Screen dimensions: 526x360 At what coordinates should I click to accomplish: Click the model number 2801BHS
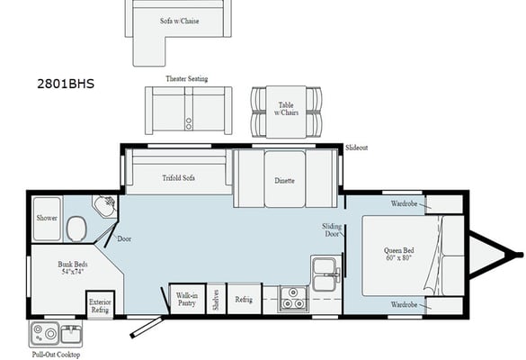66,84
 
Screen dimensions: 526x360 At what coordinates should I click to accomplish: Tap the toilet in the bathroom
76,229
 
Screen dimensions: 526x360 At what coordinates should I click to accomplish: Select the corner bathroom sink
105,205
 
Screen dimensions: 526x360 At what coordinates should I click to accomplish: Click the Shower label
47,218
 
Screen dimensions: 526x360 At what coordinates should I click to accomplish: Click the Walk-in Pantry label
187,299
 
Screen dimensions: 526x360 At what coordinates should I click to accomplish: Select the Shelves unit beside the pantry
216,299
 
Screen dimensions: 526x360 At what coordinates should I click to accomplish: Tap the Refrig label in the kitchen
244,299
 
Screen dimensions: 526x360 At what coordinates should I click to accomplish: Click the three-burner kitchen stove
293,299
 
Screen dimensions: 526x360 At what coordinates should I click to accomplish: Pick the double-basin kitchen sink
324,274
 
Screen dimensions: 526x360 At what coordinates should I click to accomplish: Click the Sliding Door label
332,230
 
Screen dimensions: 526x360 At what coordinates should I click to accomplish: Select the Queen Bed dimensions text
399,258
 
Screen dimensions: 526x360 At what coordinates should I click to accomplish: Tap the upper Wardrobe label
404,203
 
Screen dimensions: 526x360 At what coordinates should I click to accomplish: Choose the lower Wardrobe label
404,304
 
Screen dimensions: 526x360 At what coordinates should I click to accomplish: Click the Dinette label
284,181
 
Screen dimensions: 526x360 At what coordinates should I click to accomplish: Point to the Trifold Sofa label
178,178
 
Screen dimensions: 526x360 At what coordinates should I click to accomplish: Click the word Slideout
357,148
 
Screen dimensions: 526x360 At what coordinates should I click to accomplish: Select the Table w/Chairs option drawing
286,112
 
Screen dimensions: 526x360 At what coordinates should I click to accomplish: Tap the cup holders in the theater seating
189,123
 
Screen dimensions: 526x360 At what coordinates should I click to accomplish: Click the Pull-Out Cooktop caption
56,355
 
